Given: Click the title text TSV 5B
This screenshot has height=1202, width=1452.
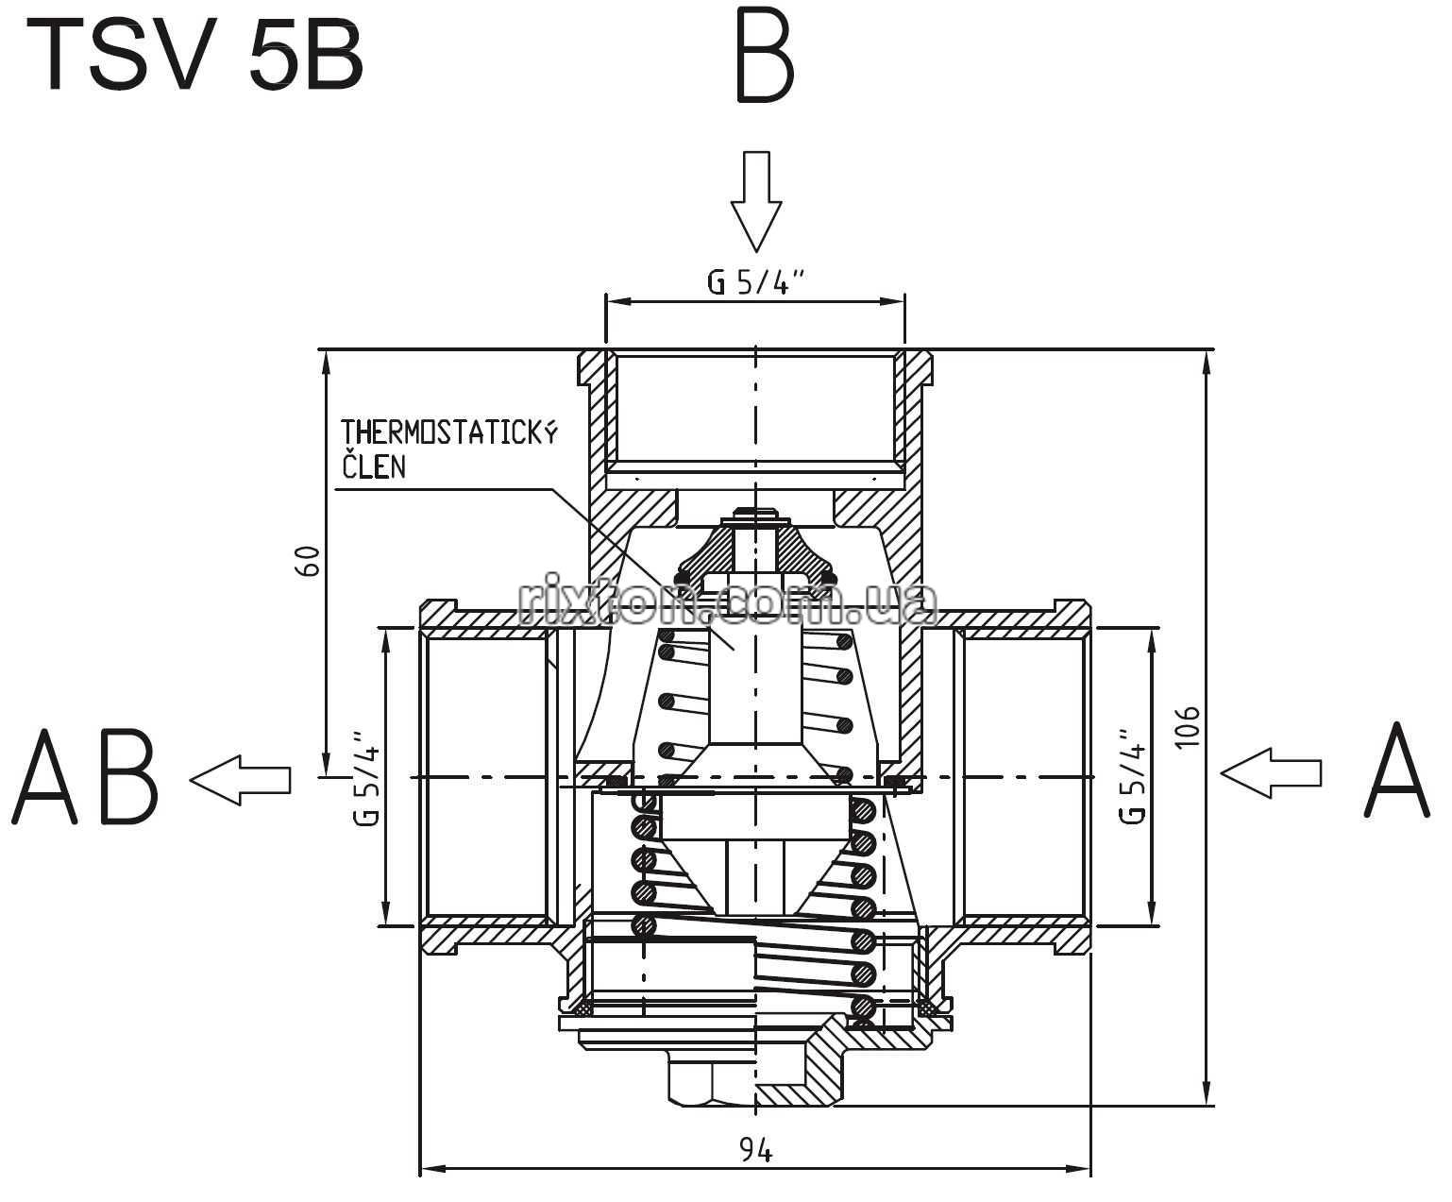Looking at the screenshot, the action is pyautogui.click(x=194, y=57).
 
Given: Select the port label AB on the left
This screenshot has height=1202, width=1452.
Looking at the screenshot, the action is pyautogui.click(x=86, y=777).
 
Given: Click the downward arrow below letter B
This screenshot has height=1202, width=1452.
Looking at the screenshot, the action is pyautogui.click(x=756, y=201).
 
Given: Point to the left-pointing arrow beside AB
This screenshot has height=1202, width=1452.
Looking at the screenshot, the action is pyautogui.click(x=240, y=780).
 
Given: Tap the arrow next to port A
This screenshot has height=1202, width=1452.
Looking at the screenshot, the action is pyautogui.click(x=1271, y=772).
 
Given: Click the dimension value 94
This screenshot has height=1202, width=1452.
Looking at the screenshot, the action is pyautogui.click(x=755, y=1150).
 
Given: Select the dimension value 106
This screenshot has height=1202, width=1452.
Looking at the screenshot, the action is pyautogui.click(x=1188, y=727).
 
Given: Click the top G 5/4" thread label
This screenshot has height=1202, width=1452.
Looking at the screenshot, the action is pyautogui.click(x=755, y=281).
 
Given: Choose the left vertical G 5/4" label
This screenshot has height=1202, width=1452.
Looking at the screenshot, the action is pyautogui.click(x=366, y=778).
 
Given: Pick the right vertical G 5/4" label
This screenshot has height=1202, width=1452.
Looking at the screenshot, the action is pyautogui.click(x=1132, y=776).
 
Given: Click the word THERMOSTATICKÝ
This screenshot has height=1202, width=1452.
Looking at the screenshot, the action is pyautogui.click(x=449, y=432).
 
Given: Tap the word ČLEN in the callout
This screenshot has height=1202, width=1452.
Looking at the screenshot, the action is pyautogui.click(x=374, y=466).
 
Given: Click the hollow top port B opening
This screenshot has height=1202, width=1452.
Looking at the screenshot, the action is pyautogui.click(x=755, y=411).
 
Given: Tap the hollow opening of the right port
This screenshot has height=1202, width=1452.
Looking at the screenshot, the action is pyautogui.click(x=1022, y=776).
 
